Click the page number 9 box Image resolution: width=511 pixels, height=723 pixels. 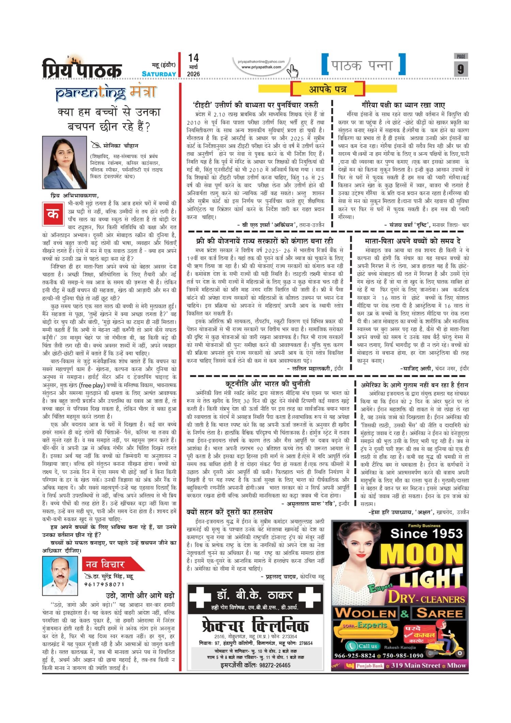pos(461,69)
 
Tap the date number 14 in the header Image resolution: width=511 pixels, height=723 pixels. pos(193,58)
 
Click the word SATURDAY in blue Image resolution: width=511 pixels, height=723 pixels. pos(159,74)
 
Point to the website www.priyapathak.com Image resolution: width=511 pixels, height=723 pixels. pos(261,67)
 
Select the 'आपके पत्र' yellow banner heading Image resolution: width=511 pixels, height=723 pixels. pos(327,89)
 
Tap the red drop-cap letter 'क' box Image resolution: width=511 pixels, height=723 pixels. pos(53,214)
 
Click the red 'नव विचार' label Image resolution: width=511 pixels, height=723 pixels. pos(105,564)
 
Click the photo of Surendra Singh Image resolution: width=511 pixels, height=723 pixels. pos(60,576)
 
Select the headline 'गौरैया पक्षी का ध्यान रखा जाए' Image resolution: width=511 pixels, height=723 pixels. pos(403,105)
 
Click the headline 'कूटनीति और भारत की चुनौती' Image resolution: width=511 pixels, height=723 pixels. pos(268,384)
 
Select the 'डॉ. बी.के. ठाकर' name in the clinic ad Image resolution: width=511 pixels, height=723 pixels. pos(254,595)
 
